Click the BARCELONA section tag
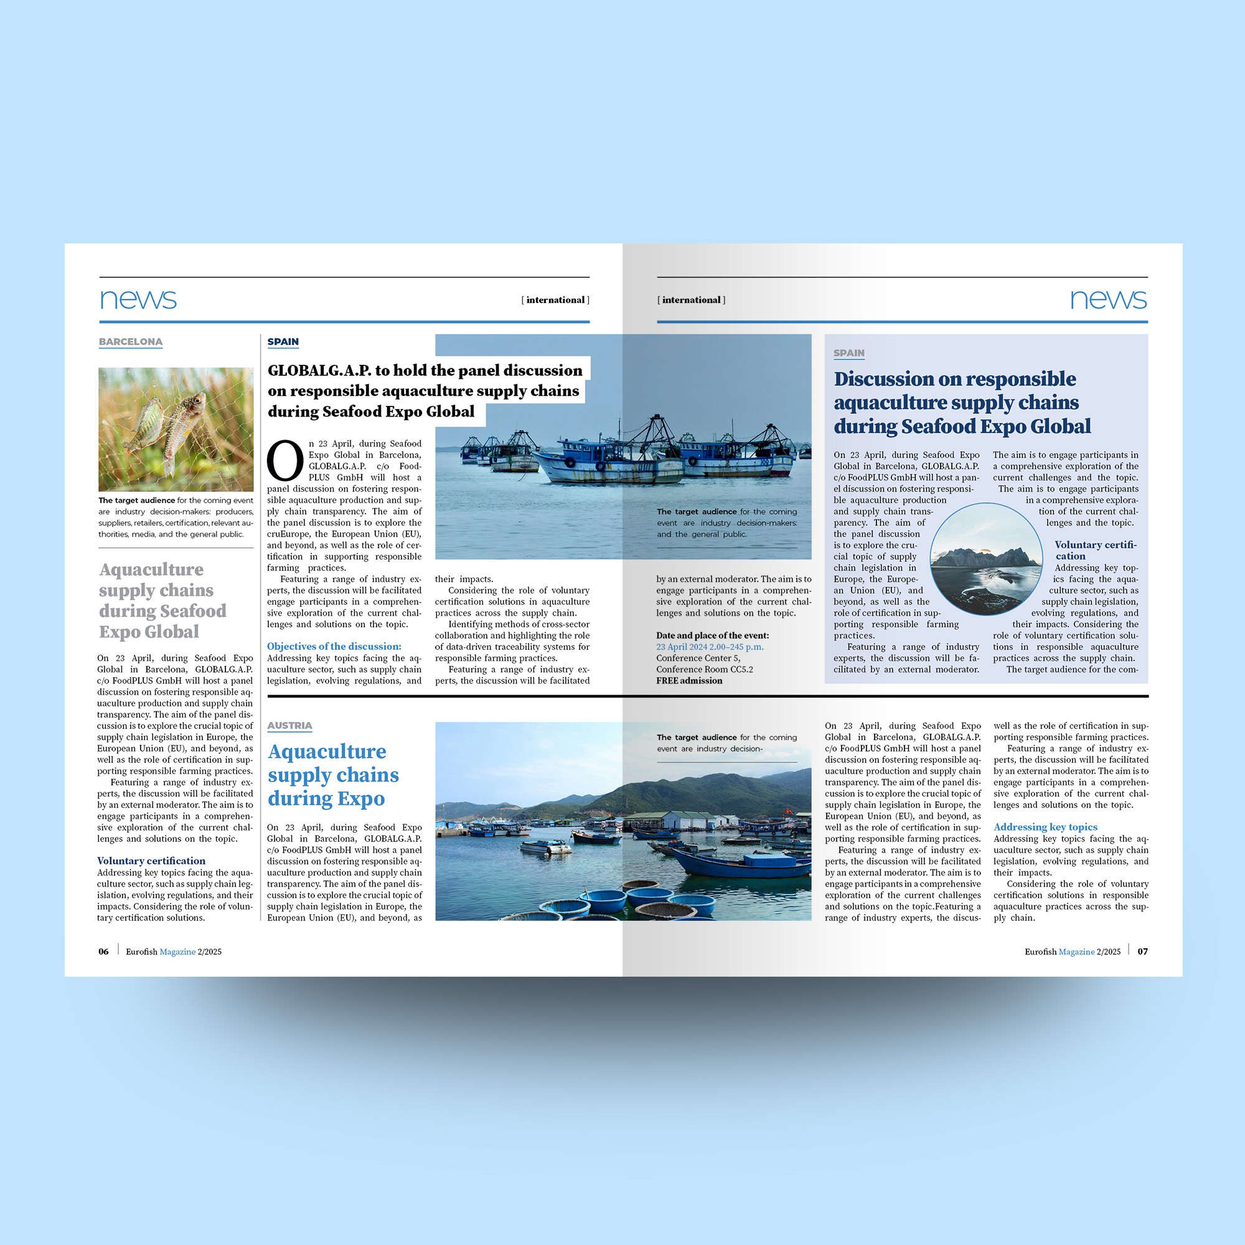point(130,342)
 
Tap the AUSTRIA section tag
point(289,725)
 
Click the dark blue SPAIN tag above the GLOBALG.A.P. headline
point(283,342)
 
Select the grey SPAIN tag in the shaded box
point(848,352)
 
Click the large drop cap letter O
point(285,461)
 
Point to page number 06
point(103,951)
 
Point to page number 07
point(1142,951)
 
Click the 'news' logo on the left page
point(138,299)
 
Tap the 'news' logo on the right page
point(1108,299)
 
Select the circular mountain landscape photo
point(986,559)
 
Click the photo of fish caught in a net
point(176,429)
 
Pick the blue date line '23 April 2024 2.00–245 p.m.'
point(710,646)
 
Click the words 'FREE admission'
point(689,680)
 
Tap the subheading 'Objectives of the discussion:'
point(334,646)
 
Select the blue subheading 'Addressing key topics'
point(1045,827)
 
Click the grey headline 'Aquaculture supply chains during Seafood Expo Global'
point(162,601)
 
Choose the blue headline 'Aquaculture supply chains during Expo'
point(332,774)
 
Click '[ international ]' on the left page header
point(555,299)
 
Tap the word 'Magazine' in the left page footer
point(177,952)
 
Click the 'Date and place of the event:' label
point(712,636)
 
